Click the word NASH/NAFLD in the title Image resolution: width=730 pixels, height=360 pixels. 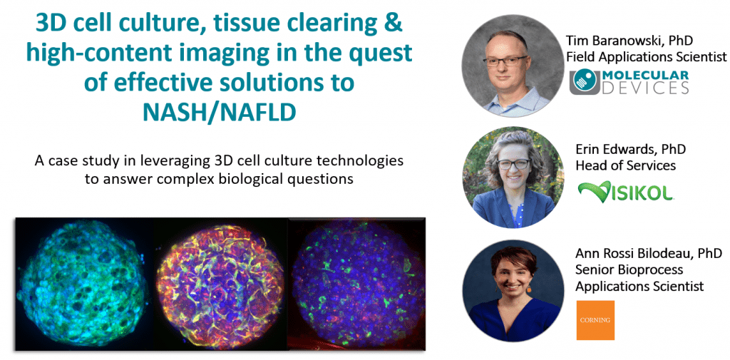point(219,112)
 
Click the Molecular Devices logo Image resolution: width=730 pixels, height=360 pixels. point(629,83)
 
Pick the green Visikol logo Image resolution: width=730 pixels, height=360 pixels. point(626,192)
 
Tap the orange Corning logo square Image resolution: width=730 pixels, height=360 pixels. point(595,320)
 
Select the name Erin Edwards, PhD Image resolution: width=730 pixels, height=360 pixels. point(631,150)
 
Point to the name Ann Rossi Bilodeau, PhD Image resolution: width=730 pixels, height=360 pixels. point(649,254)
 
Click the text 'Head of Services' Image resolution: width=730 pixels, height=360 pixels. point(626,166)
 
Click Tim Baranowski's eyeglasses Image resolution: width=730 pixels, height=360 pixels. point(505,61)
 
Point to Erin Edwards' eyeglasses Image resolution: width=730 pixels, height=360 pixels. point(513,164)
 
